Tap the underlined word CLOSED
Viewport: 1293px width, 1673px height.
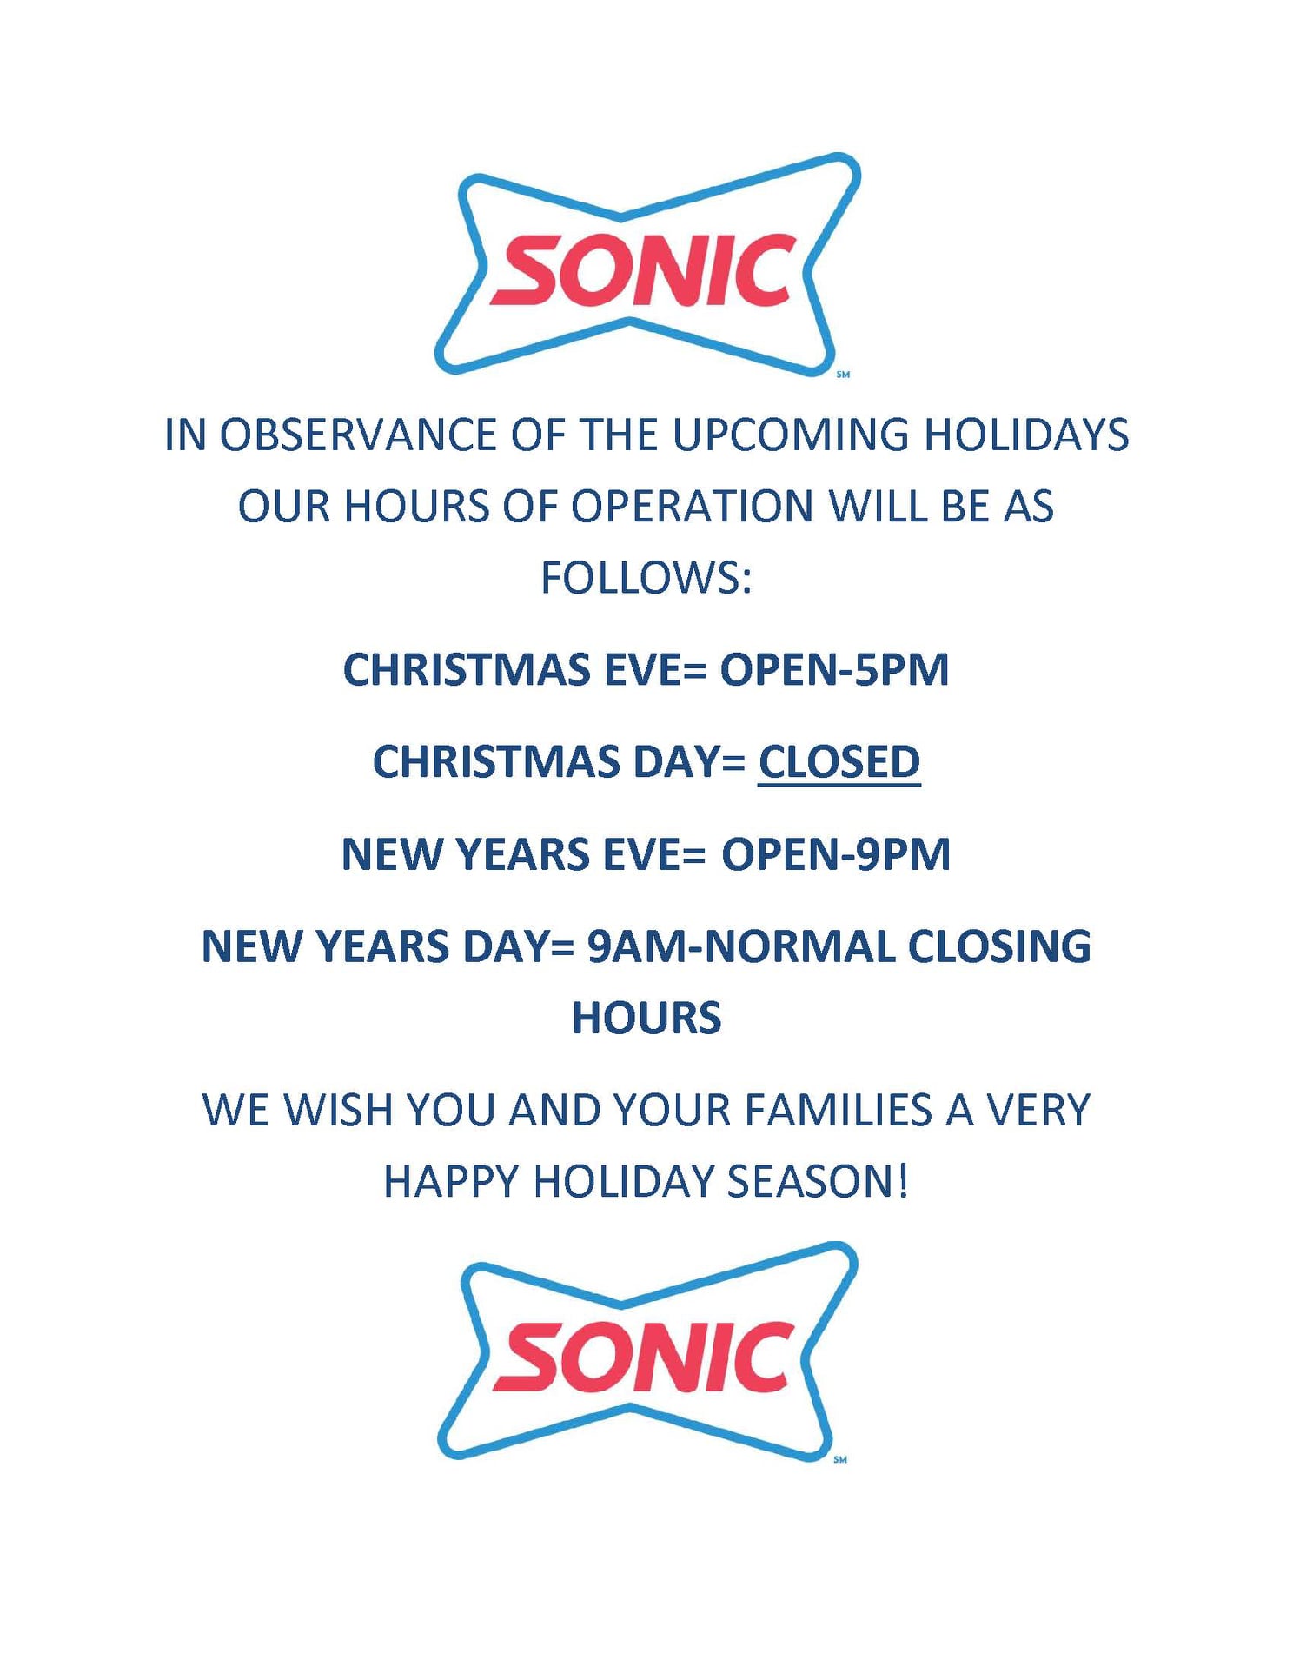click(839, 762)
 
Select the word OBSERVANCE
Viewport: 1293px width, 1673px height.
click(357, 435)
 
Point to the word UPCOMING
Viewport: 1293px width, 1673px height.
click(791, 435)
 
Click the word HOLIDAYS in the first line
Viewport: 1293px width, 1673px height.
click(1026, 435)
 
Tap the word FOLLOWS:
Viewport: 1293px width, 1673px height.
click(646, 578)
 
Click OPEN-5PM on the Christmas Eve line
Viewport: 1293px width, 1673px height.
click(834, 670)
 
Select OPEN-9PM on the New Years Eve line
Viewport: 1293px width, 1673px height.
click(836, 854)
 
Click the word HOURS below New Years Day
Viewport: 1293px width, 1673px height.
click(646, 1019)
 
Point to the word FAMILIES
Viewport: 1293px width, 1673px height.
click(838, 1110)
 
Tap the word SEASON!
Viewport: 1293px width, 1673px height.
click(818, 1182)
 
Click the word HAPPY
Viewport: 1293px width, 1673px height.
click(451, 1182)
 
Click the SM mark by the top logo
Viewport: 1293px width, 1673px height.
click(843, 375)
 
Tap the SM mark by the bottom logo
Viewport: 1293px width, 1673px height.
click(840, 1459)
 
